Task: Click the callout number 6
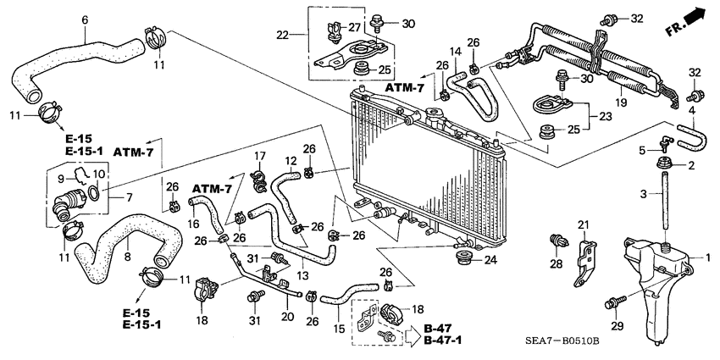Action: (84, 20)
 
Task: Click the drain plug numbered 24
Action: (464, 258)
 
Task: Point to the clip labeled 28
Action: (556, 241)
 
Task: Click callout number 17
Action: (261, 155)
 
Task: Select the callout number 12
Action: (291, 161)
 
